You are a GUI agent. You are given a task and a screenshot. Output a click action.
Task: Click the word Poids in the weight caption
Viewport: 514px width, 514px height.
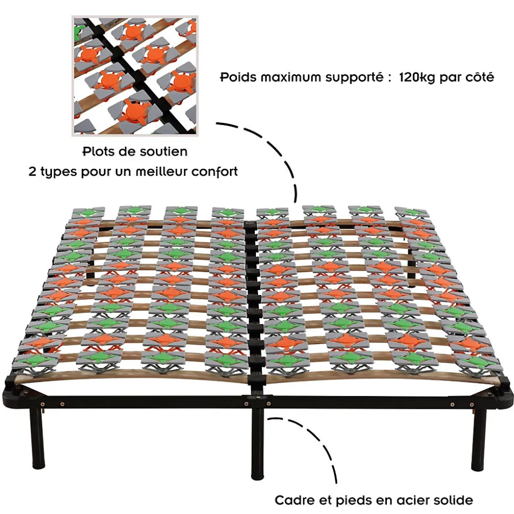point(237,78)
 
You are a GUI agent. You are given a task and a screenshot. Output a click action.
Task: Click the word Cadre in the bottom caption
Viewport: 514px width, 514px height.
point(292,500)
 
